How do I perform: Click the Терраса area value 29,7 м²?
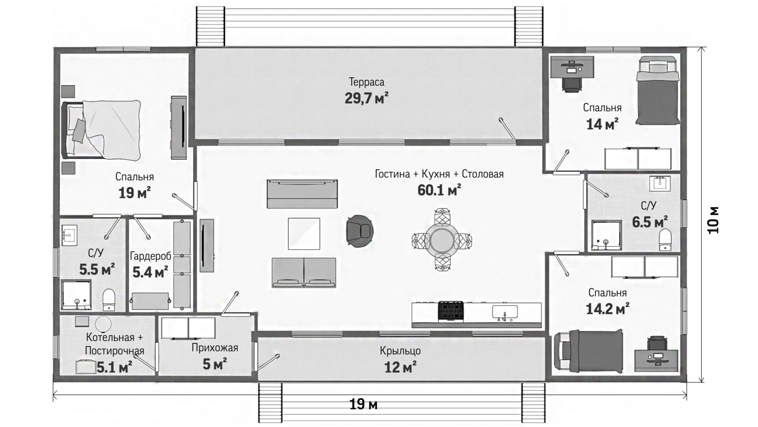(366, 99)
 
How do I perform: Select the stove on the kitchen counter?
(451, 311)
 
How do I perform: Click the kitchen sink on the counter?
(504, 314)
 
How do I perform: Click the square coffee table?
(304, 234)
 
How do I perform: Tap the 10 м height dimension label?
(713, 220)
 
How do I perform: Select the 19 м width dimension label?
(363, 404)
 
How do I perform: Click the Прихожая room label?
(215, 347)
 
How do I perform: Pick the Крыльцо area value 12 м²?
(400, 367)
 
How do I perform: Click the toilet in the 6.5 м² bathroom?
(665, 239)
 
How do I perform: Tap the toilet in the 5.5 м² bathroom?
(109, 299)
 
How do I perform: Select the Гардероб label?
(150, 256)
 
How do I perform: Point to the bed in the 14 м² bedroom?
(657, 90)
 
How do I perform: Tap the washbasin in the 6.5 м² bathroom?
(660, 183)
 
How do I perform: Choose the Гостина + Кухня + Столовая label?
(439, 174)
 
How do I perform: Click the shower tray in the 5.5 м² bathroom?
(76, 295)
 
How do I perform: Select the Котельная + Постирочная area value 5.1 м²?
(115, 367)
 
